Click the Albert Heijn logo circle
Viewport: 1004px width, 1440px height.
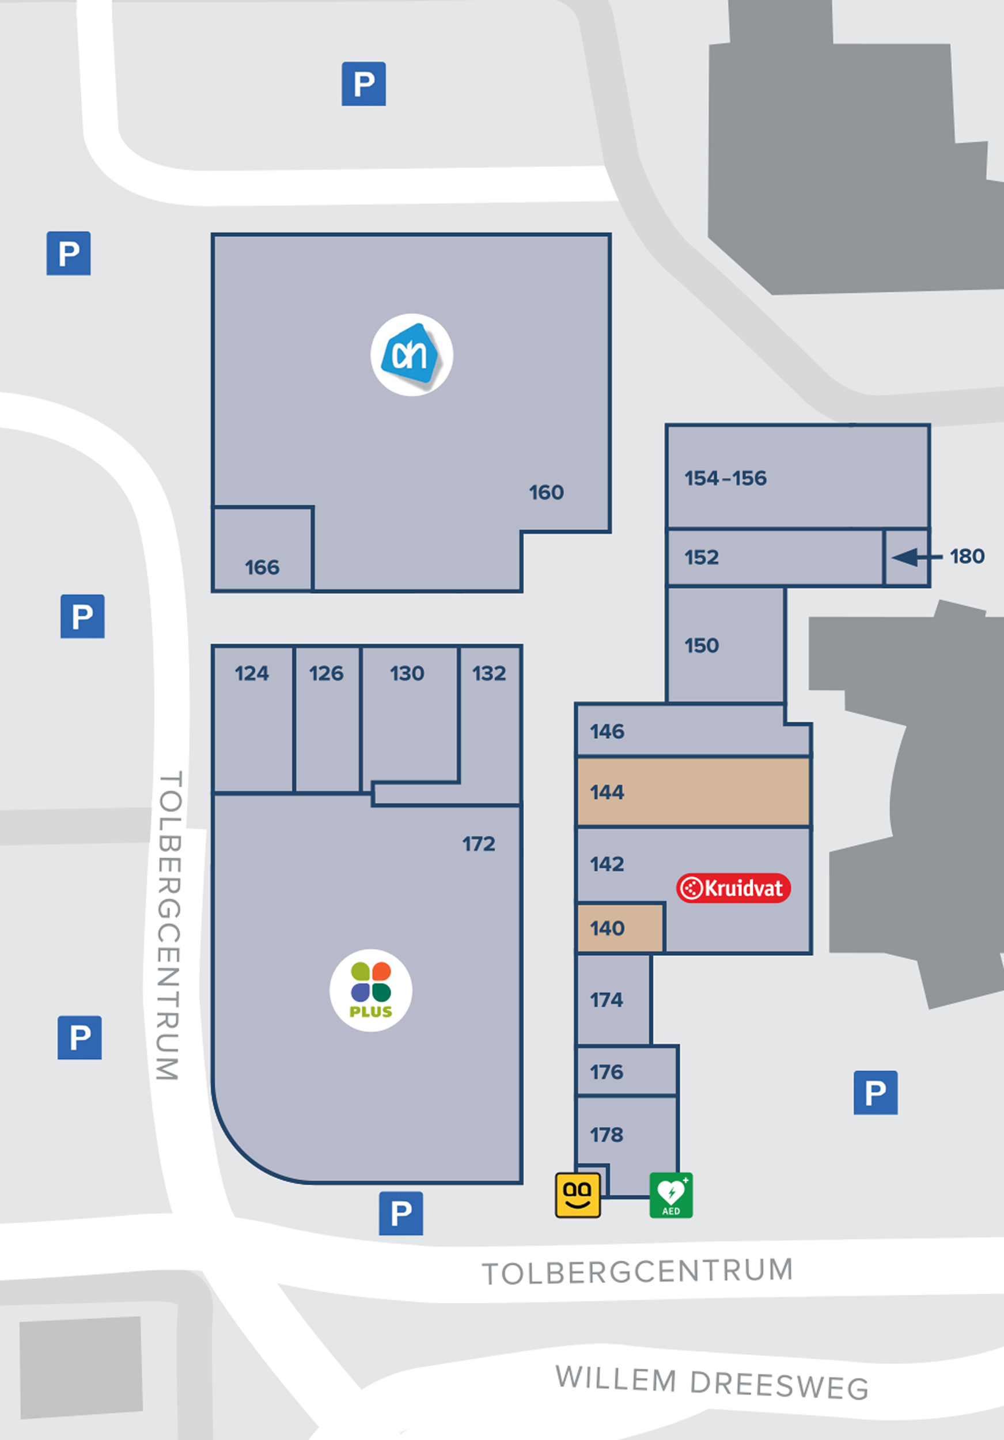tap(411, 355)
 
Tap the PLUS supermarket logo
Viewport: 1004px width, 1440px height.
tap(370, 990)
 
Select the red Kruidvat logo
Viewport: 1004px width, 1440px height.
tap(733, 888)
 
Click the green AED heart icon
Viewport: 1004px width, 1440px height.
tap(671, 1195)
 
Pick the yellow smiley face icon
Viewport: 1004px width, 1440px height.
tap(578, 1195)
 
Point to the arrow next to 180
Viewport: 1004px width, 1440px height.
tap(916, 556)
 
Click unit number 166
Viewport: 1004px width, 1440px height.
tap(262, 567)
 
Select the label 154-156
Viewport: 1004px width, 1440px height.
tap(726, 479)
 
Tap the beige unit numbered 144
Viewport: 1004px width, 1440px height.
tap(693, 792)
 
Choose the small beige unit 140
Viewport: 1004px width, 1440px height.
tap(620, 928)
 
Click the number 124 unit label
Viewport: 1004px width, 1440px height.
tap(252, 673)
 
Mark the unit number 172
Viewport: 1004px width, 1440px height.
tap(479, 844)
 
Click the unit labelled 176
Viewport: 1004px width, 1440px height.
tap(607, 1072)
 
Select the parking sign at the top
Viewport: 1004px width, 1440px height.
tap(363, 84)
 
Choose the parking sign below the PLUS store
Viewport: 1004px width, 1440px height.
tap(401, 1214)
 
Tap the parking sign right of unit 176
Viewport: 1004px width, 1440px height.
tap(876, 1093)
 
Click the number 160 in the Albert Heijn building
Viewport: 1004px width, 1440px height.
tap(546, 492)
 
